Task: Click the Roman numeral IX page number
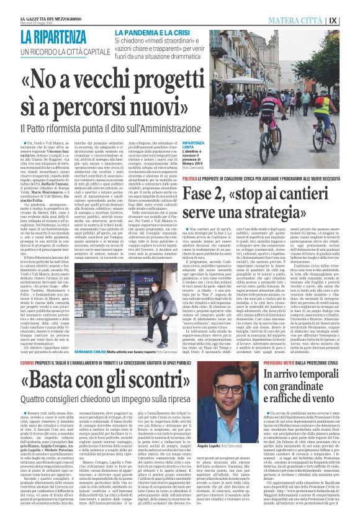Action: click(350, 19)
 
